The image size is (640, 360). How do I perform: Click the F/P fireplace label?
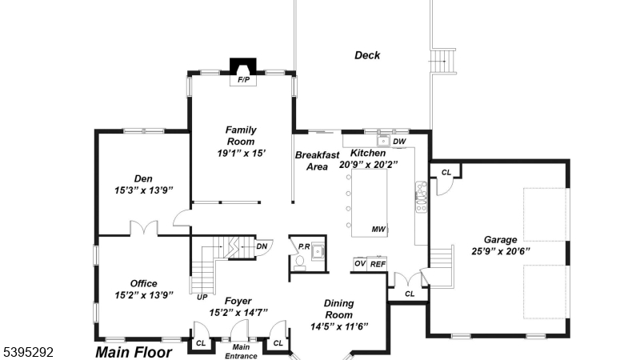[x=241, y=80]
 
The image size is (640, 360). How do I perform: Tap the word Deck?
[x=367, y=55]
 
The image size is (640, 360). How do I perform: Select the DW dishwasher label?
[x=400, y=142]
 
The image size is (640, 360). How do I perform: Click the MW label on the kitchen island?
[x=378, y=230]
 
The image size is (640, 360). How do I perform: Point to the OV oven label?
[x=359, y=263]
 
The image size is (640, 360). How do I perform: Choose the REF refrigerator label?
[x=378, y=263]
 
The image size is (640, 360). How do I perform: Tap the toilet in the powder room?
[x=299, y=261]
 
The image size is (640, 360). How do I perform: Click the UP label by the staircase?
[x=202, y=297]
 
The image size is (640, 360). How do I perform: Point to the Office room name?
[x=144, y=283]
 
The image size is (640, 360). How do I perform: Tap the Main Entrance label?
[x=240, y=350]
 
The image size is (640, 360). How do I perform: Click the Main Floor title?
[x=134, y=351]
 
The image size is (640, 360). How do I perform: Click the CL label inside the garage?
[x=446, y=172]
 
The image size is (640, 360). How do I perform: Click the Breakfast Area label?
[x=317, y=161]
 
